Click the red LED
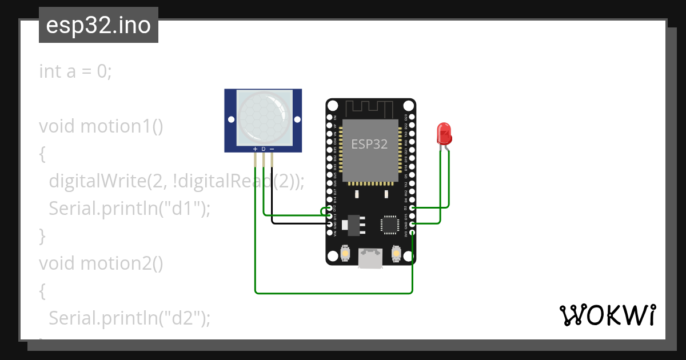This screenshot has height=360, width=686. tap(444, 134)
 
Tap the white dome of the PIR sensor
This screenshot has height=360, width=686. tap(263, 118)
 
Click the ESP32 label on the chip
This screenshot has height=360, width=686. tap(369, 144)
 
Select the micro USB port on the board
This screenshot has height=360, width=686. tap(370, 258)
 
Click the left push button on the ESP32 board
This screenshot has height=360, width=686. tap(345, 252)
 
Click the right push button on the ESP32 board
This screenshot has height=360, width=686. tap(396, 252)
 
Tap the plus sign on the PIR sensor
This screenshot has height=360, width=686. tap(255, 149)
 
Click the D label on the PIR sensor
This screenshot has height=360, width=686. tap(264, 149)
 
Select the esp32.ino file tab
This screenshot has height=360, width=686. tap(98, 25)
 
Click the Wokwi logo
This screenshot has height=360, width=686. tap(607, 315)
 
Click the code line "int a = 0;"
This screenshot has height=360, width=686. tap(76, 71)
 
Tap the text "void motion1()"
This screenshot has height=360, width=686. tap(101, 126)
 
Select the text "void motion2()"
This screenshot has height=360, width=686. tap(101, 263)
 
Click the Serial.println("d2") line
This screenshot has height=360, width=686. tap(130, 318)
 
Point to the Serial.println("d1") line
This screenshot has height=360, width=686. tap(130, 209)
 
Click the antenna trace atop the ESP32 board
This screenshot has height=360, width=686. tap(370, 107)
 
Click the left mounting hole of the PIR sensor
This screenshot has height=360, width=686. tap(231, 119)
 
